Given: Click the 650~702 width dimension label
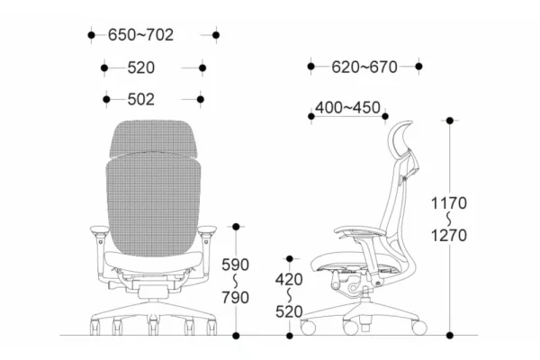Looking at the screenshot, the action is click(140, 35).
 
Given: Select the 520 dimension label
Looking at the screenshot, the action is click(141, 67).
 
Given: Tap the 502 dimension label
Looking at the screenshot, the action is click(141, 100).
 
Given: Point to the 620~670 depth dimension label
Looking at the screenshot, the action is click(364, 67).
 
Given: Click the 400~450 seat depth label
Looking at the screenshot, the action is click(347, 107).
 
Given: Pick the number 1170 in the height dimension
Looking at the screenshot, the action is click(449, 202).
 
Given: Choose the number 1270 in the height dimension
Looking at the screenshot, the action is click(449, 236).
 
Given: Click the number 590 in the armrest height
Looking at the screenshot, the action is click(235, 265).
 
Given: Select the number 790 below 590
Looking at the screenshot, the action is click(235, 298).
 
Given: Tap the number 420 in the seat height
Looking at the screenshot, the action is click(289, 279).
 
